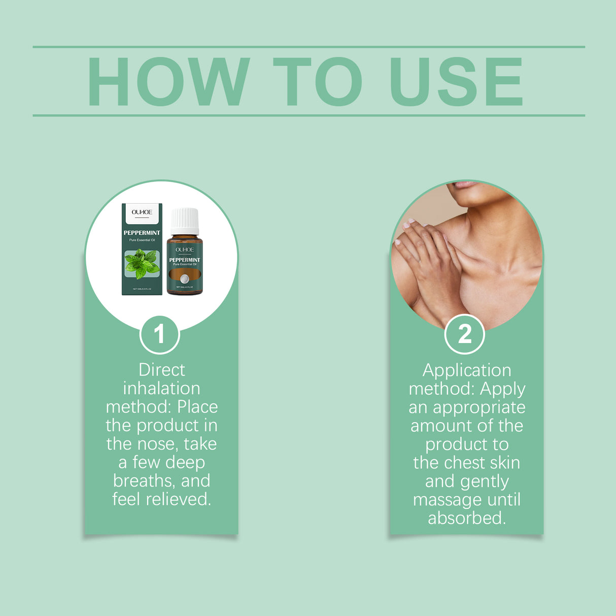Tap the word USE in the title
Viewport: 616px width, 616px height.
coord(456,82)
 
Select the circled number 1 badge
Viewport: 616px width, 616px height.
coord(159,334)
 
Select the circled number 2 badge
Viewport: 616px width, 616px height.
coord(464,334)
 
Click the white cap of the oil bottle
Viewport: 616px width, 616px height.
coord(185,221)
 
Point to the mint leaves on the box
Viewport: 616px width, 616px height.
coord(142,263)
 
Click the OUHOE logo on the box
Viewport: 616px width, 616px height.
coord(142,212)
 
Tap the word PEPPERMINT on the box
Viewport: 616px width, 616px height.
coord(142,233)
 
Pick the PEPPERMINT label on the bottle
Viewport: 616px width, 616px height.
coord(185,260)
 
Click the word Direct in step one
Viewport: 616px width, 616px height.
coord(161,370)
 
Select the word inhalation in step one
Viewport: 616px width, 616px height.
coord(161,389)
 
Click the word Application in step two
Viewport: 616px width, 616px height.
coord(467,370)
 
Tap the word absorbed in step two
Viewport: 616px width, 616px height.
coord(467,518)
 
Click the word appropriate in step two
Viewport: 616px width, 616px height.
coord(479,408)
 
